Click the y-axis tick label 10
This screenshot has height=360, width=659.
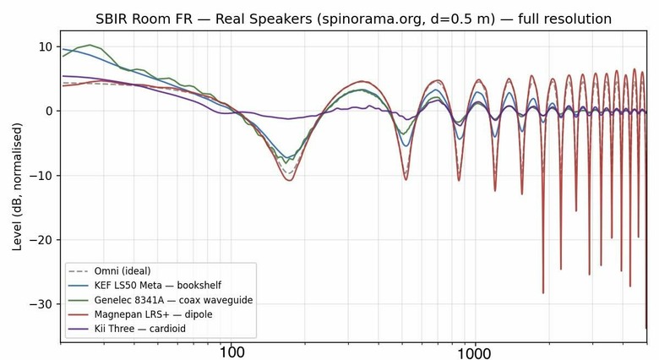[x=46, y=46]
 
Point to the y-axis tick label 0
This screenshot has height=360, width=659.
[x=50, y=111]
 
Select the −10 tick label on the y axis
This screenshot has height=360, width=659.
[x=42, y=176]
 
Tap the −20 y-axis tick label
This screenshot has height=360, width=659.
[x=42, y=240]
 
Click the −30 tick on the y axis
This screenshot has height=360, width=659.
[x=42, y=304]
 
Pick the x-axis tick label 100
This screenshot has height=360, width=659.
[x=231, y=352]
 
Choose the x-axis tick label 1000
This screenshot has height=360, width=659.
[x=476, y=353]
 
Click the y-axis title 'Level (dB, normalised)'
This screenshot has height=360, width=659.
[x=17, y=187]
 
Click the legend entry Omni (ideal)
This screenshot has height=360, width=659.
[x=123, y=270]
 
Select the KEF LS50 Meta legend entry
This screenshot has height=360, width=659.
[x=158, y=286]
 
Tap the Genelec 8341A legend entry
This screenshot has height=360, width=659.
[x=173, y=300]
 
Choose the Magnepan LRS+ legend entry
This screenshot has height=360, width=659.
[x=154, y=314]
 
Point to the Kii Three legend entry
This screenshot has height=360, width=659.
[x=140, y=329]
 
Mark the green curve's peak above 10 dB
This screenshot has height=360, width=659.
[x=90, y=45]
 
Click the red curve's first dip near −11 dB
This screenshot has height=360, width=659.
[x=290, y=180]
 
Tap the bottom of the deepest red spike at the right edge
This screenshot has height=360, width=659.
[x=646, y=328]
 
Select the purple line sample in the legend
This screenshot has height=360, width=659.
[x=79, y=329]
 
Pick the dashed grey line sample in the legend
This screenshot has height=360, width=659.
[x=79, y=271]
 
